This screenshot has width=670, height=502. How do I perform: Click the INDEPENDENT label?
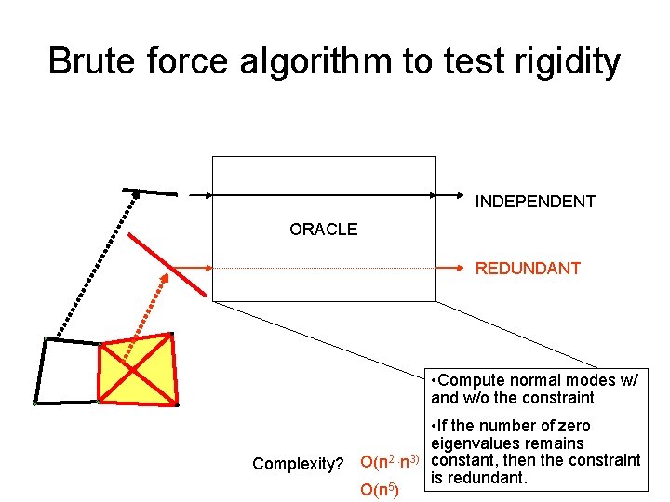point(535,202)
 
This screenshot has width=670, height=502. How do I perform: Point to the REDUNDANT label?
point(528,269)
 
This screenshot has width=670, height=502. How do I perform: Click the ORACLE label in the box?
point(323,230)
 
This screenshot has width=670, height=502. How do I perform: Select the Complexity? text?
point(298,463)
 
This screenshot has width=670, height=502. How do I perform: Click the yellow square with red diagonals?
point(137,370)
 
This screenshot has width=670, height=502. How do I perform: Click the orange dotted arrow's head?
point(163,279)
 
